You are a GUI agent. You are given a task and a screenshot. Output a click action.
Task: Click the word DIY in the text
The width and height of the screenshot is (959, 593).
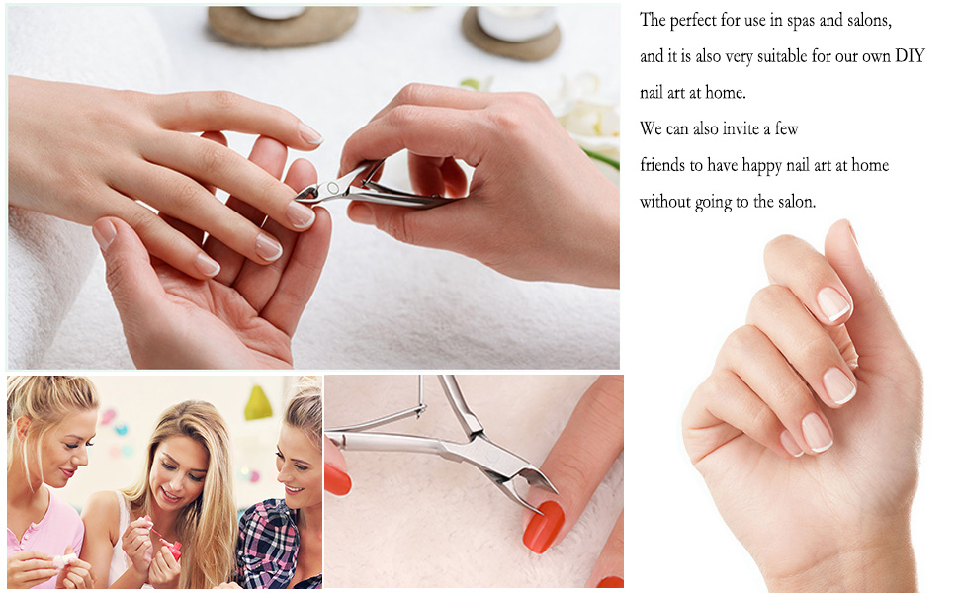(909, 56)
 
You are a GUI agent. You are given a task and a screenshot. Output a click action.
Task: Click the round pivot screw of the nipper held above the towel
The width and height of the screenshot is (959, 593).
(333, 186)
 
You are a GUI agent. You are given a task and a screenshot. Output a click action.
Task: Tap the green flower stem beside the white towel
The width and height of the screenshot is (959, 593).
(599, 158)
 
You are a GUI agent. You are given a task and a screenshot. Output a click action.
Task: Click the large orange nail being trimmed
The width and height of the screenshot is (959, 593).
(543, 526)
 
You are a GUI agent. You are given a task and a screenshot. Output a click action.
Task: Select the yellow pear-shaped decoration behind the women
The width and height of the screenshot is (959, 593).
(258, 403)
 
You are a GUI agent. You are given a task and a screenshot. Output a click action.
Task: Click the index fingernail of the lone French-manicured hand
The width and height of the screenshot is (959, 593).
(832, 303)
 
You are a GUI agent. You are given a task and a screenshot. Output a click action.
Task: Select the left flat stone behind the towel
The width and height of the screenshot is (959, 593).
(283, 25)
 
